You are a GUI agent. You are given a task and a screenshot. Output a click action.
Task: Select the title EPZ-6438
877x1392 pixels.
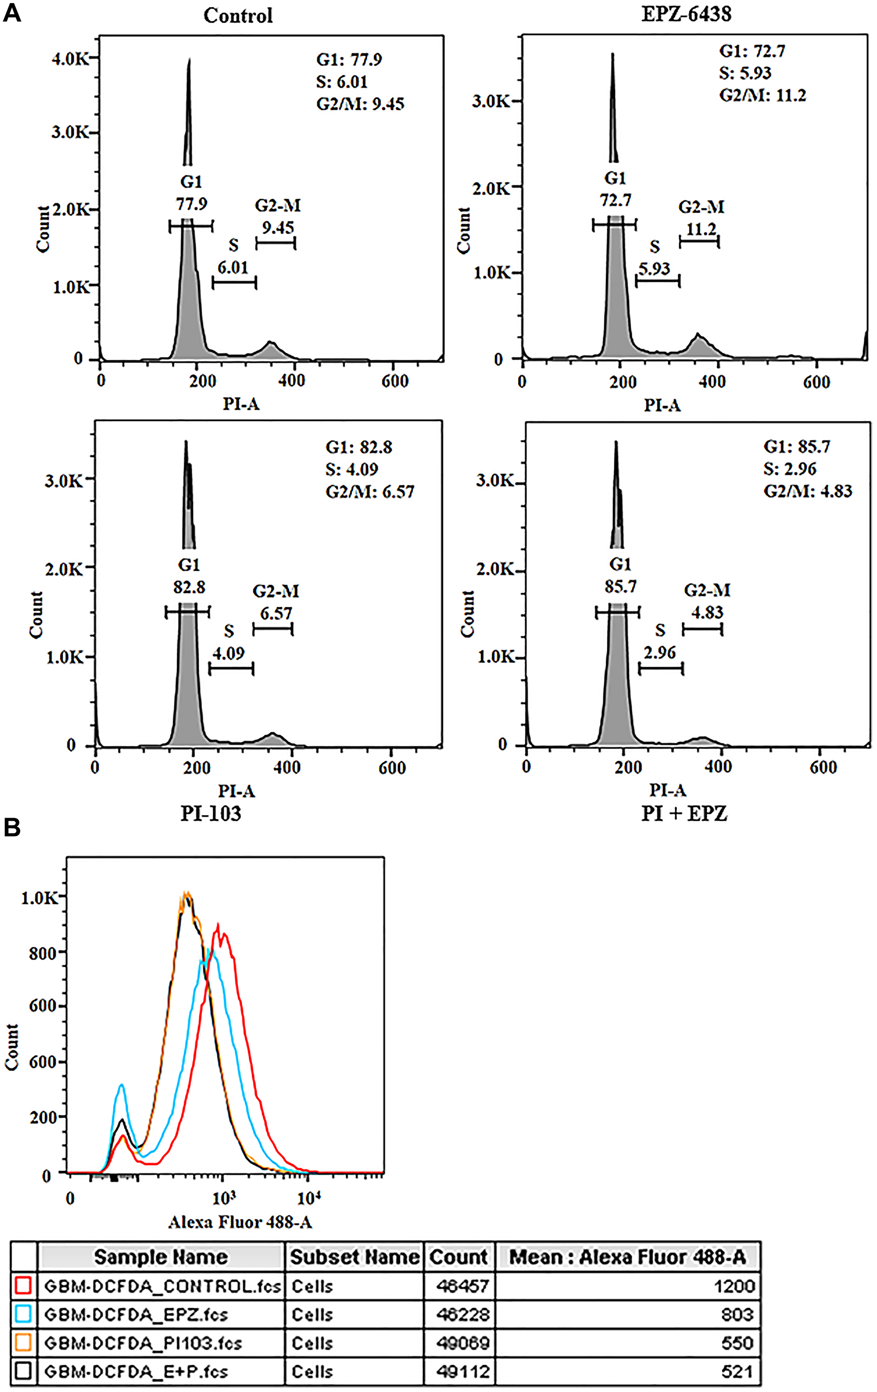pos(686,14)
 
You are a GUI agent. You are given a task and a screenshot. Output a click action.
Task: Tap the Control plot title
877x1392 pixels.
pos(238,16)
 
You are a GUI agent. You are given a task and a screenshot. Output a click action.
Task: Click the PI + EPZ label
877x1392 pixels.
pos(684,814)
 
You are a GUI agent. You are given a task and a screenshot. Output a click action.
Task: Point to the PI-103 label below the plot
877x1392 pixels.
pos(210,814)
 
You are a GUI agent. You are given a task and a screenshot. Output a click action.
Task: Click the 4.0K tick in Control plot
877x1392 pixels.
pos(69,58)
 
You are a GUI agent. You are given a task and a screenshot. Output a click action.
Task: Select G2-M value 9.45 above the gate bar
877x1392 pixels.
pos(278,227)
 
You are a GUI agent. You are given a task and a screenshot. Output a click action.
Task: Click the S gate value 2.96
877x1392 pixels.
pos(660,653)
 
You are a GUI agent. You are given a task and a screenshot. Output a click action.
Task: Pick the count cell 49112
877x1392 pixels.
pos(463,1372)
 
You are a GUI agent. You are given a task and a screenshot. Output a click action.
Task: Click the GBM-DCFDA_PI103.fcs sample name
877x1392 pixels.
pos(143,1343)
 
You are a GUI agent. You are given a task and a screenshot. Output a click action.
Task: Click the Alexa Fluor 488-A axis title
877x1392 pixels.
pos(240,1222)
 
